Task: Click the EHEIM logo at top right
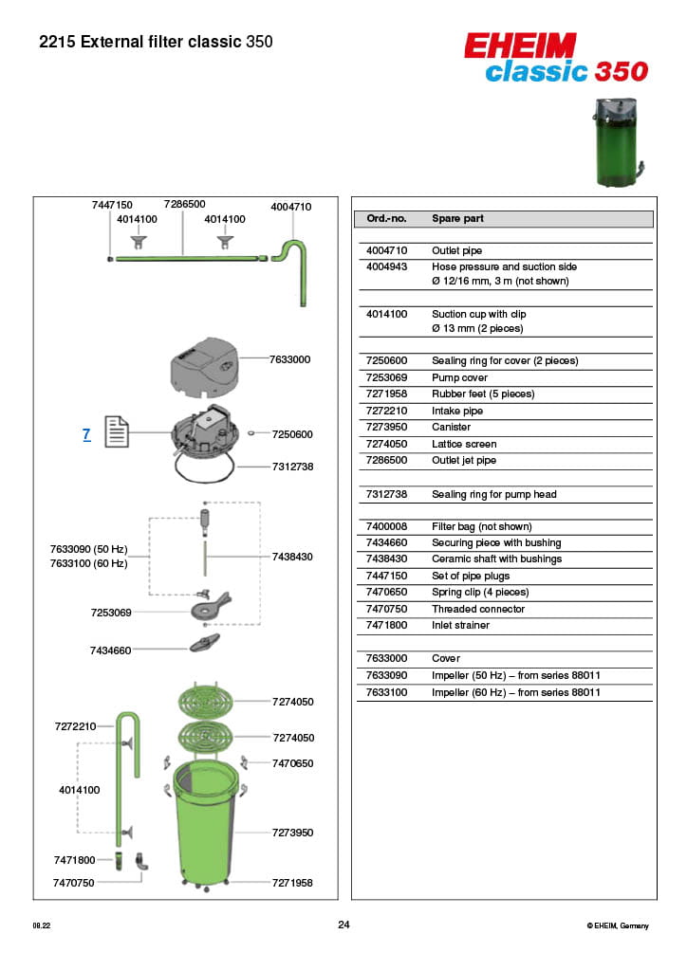[520, 45]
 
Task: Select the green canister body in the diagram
[205, 825]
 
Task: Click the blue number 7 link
[86, 434]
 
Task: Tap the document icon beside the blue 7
[116, 433]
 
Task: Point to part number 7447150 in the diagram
[112, 205]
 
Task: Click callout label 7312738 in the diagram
[292, 467]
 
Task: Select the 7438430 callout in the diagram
[292, 557]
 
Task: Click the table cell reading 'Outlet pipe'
[456, 251]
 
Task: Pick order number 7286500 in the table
[386, 461]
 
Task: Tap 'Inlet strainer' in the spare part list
[461, 626]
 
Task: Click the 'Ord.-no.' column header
[386, 219]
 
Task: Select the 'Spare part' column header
[457, 219]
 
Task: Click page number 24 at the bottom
[343, 925]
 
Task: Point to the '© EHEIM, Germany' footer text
[618, 925]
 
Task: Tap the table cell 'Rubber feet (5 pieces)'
[483, 394]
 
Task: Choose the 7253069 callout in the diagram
[111, 613]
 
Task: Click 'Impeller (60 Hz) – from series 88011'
[516, 693]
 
